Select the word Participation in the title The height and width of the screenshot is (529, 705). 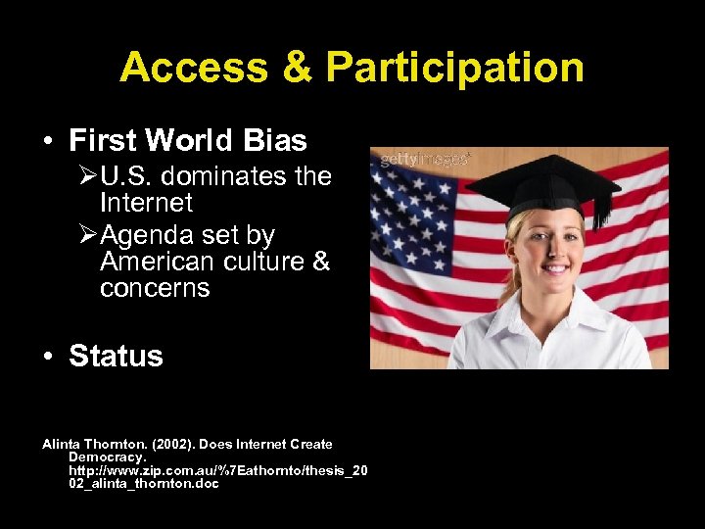(x=454, y=68)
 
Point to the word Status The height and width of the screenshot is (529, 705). (x=116, y=356)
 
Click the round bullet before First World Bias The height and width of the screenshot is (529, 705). (x=48, y=142)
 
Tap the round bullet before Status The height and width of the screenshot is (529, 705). (x=48, y=357)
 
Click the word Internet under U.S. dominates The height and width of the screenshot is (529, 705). (x=146, y=204)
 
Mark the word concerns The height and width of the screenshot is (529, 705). (x=155, y=289)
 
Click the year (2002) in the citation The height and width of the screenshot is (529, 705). (x=174, y=444)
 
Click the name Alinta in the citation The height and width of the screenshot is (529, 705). (x=62, y=444)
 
